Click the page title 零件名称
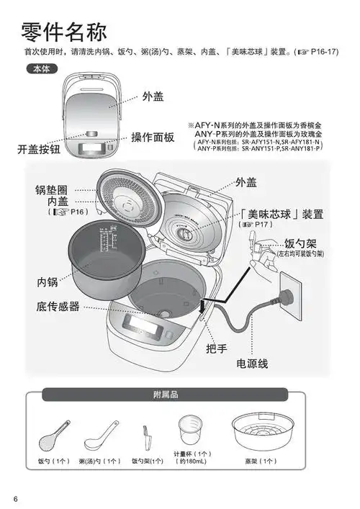(x=64, y=32)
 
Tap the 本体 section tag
(x=39, y=70)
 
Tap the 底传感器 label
(x=58, y=307)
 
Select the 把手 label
(x=216, y=348)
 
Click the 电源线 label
(x=253, y=364)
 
